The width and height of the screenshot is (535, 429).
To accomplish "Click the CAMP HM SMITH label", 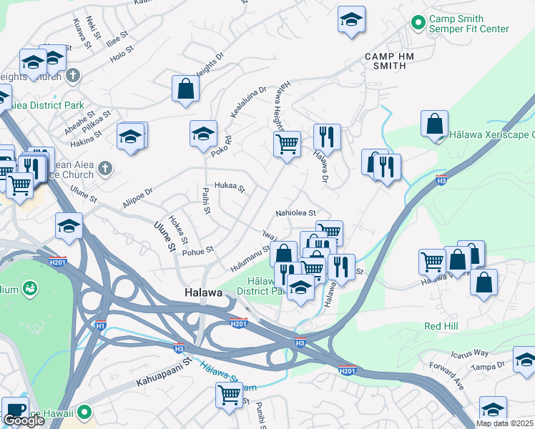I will tap(385, 61).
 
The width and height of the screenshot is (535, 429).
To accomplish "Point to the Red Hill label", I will tap(441, 325).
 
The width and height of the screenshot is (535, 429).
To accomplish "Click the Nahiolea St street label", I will tap(295, 213).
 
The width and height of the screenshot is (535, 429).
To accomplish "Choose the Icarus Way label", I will tap(469, 353).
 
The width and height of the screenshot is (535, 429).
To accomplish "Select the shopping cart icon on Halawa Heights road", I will tap(288, 143).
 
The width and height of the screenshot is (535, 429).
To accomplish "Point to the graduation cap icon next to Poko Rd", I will tap(203, 133).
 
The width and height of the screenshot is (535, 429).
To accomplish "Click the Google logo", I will tap(24, 420).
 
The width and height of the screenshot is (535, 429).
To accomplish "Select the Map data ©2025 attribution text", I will tap(504, 423).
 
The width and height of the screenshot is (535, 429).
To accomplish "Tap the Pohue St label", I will tap(200, 250).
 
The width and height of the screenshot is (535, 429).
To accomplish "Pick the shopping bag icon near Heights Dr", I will tap(185, 89).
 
